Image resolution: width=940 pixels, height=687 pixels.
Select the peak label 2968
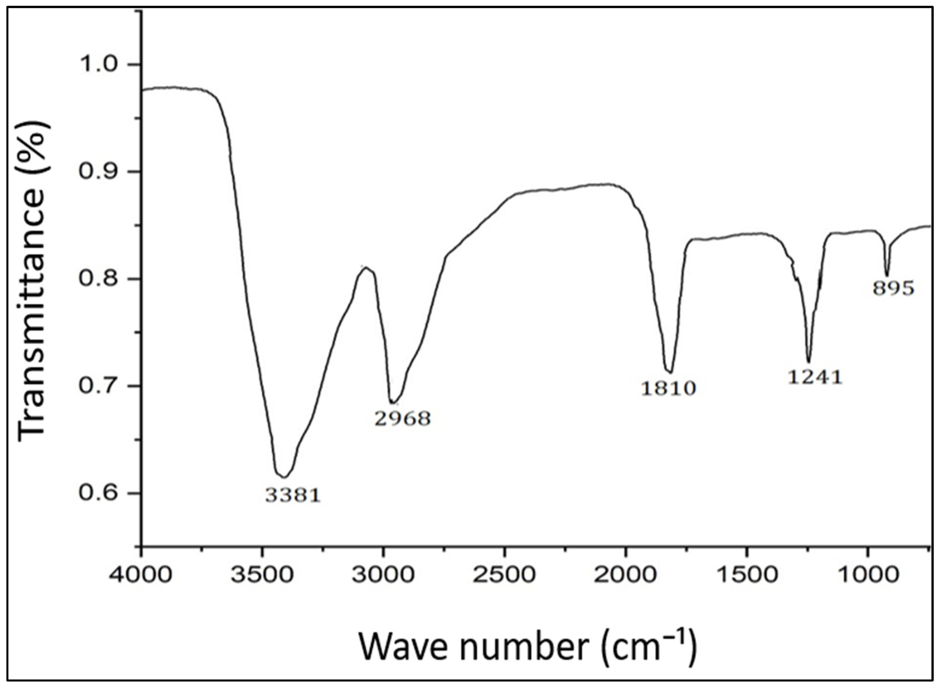coord(402,418)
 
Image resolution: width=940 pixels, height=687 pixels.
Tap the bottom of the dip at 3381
coord(283,476)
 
